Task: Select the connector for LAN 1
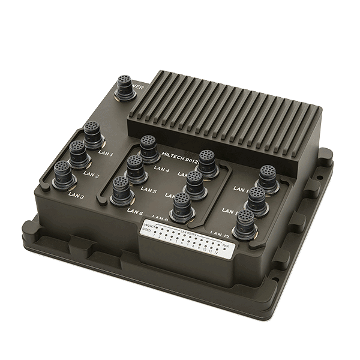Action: coord(92,133)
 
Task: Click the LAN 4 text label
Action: coord(162,170)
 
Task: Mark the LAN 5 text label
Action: coord(148,191)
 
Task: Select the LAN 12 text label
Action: coord(218,232)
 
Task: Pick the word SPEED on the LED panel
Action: coord(147,230)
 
